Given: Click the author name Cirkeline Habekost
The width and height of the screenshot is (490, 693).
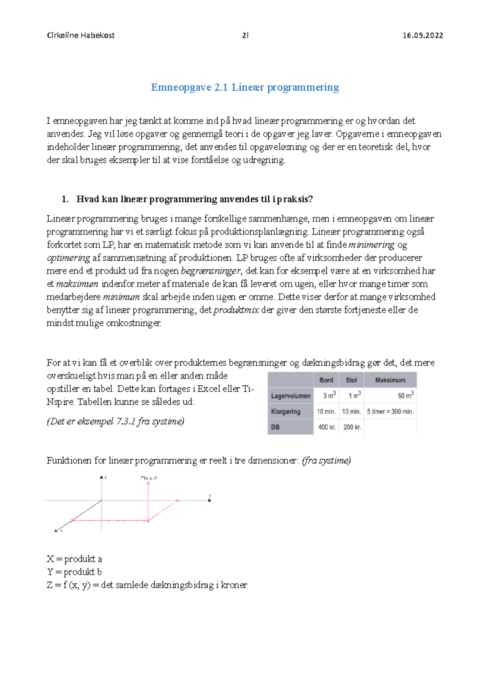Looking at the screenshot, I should click(81, 36).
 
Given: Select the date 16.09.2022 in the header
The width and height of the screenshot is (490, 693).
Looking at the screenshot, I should click(423, 36).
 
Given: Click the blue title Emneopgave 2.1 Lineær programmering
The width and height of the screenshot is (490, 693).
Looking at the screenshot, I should click(245, 87).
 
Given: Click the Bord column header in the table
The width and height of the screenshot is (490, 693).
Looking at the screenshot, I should click(326, 380).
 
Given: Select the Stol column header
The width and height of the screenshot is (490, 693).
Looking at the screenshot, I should click(351, 380).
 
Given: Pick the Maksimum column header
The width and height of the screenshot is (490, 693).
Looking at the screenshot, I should click(390, 380).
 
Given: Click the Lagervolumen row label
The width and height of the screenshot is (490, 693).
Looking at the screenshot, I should click(290, 396).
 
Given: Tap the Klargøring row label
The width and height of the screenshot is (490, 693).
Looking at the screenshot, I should click(285, 411).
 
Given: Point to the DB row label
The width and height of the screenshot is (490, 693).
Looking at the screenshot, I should click(275, 427).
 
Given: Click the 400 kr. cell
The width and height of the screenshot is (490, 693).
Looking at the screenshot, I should click(327, 427).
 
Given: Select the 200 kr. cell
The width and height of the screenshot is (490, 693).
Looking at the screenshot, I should click(352, 427).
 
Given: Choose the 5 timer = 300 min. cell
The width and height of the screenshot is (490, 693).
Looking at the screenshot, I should click(390, 411).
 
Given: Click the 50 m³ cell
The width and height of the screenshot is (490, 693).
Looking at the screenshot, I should click(405, 395).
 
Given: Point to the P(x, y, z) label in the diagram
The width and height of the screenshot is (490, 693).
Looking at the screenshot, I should click(149, 478).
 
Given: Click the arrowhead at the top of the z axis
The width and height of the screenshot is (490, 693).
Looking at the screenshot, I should click(102, 477).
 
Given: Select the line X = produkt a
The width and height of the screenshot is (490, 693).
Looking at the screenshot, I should click(74, 559).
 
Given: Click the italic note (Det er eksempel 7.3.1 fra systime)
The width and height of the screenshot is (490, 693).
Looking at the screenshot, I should click(116, 421).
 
